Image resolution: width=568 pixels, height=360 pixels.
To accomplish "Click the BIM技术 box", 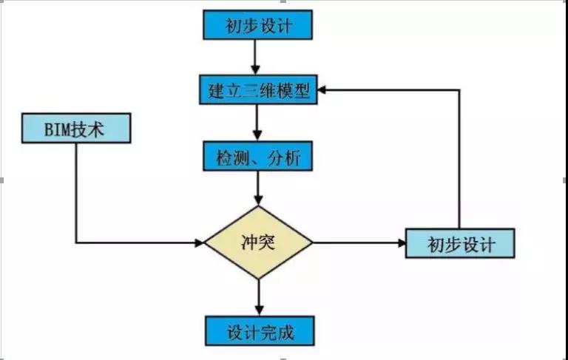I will [76, 129].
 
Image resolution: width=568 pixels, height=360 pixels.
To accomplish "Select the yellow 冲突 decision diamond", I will [258, 242].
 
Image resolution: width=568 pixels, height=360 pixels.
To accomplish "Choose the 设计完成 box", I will [258, 332].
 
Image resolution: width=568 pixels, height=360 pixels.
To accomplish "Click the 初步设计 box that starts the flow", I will [258, 26].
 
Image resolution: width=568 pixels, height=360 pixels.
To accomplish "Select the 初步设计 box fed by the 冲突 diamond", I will [460, 243].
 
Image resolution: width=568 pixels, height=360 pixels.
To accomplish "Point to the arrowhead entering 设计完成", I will [258, 312].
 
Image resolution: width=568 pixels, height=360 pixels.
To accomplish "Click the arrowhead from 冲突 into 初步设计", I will [400, 242].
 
